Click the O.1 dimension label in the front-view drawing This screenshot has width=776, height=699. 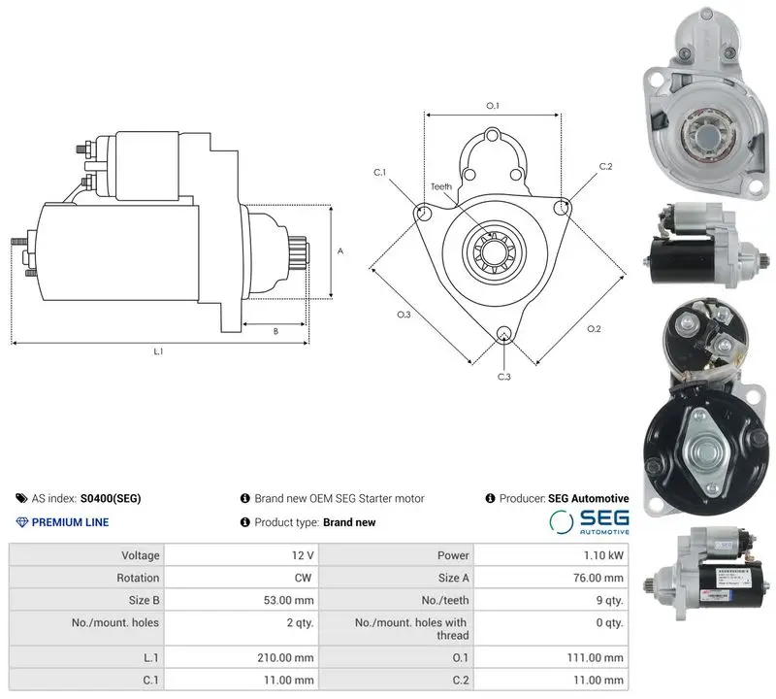(493, 106)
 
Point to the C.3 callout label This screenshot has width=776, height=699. (503, 377)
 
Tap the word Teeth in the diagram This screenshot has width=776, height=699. (441, 186)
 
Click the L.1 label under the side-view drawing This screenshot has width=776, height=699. (158, 351)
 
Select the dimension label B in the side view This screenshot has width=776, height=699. (275, 331)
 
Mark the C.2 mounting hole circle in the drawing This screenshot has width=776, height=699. (562, 208)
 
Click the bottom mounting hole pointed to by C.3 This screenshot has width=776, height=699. (503, 333)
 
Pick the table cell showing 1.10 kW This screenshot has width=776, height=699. (551, 555)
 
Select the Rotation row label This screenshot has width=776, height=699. (138, 578)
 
